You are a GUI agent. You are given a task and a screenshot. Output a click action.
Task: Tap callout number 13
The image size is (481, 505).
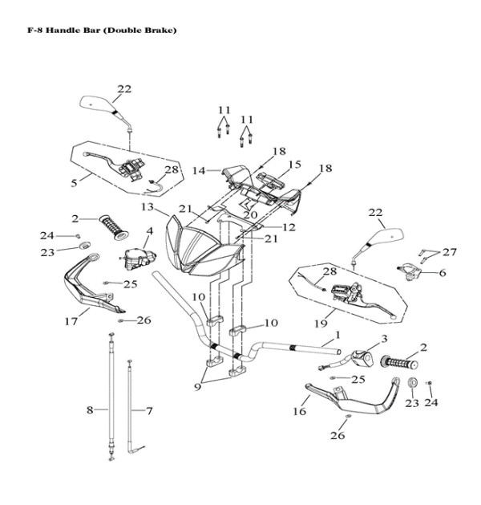(147, 207)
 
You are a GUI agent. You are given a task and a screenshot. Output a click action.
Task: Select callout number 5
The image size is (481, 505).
(75, 182)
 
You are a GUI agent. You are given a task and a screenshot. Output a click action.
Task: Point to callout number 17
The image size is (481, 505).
(71, 321)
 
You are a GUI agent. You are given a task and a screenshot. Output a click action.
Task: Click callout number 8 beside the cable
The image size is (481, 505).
(90, 410)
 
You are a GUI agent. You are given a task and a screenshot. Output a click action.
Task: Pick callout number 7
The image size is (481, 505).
(148, 410)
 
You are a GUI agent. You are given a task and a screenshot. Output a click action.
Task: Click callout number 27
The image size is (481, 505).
(450, 252)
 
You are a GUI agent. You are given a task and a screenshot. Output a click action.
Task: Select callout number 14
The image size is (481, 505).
(199, 170)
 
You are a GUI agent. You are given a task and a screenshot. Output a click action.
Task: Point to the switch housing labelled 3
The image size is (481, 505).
(362, 354)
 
